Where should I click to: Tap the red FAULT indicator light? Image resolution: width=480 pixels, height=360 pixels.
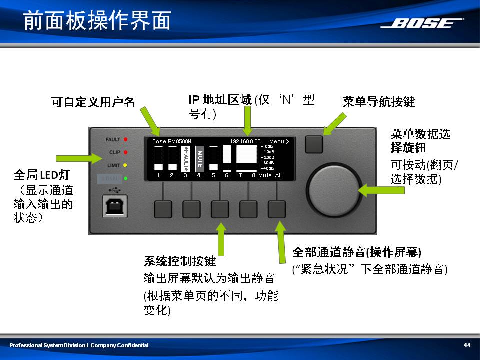click(x=126, y=139)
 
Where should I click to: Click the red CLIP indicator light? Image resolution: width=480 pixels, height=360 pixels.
click(x=126, y=152)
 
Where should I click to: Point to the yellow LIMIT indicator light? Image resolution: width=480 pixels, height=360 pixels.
click(x=126, y=165)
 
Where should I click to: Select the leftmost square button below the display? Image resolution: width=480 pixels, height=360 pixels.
click(x=163, y=209)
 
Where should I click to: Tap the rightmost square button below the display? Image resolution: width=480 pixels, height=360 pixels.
click(x=277, y=209)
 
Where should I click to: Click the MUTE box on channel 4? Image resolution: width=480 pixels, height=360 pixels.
click(x=199, y=158)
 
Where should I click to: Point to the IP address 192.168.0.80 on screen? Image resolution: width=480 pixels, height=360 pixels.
click(x=245, y=141)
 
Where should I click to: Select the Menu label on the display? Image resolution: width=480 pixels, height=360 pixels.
click(x=278, y=141)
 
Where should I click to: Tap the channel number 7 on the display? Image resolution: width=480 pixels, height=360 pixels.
click(x=240, y=175)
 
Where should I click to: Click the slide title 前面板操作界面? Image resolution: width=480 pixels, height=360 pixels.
click(x=97, y=21)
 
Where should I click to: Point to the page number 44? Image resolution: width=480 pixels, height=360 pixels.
click(x=467, y=345)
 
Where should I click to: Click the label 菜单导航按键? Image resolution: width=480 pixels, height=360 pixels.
click(x=379, y=102)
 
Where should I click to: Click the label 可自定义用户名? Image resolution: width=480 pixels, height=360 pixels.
click(x=93, y=102)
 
